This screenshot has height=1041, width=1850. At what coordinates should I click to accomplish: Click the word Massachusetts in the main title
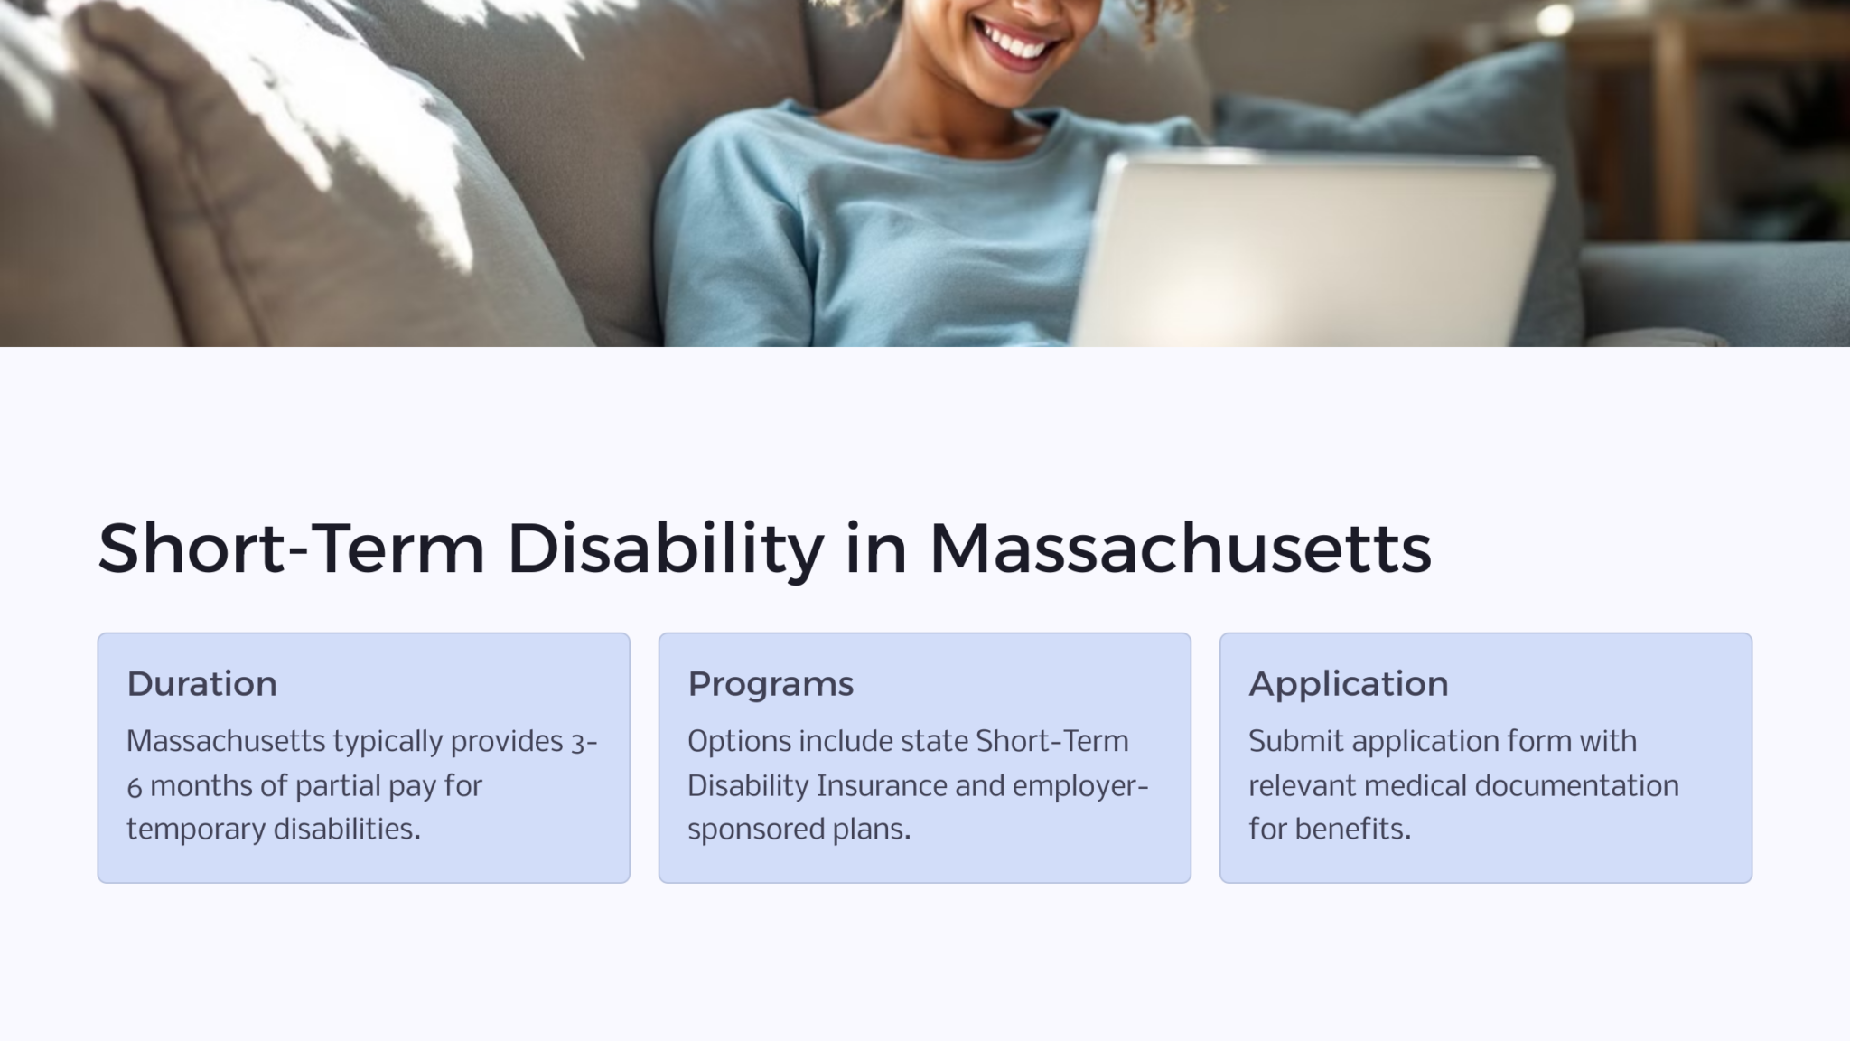pyautogui.click(x=1180, y=549)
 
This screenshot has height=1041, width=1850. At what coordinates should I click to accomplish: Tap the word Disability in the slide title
pyautogui.click(x=665, y=549)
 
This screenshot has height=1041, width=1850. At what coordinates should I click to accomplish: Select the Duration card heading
pyautogui.click(x=201, y=684)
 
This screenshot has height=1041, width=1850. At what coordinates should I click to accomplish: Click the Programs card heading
pyautogui.click(x=770, y=684)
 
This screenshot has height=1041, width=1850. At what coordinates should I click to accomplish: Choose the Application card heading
pyautogui.click(x=1348, y=684)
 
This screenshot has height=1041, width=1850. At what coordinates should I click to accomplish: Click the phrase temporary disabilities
pyautogui.click(x=273, y=829)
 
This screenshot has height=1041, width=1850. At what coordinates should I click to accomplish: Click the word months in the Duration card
pyautogui.click(x=201, y=785)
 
